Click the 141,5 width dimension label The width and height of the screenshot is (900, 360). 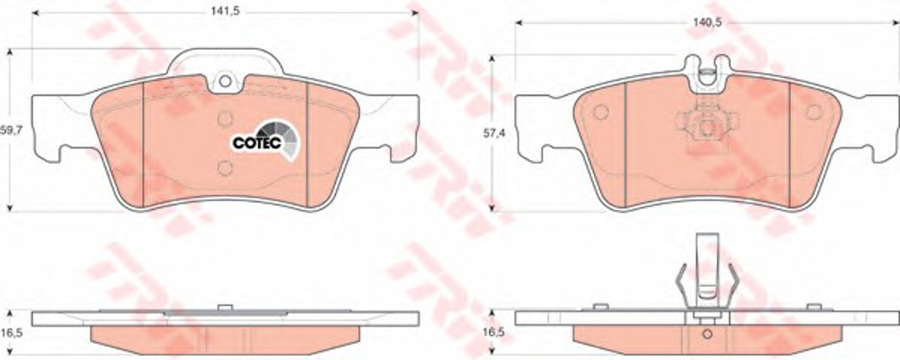(225, 12)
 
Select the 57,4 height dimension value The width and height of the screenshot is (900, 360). (494, 133)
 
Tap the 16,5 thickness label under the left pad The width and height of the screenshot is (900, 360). (11, 333)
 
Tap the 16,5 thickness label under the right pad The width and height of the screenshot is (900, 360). (494, 333)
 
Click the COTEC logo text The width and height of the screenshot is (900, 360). (257, 143)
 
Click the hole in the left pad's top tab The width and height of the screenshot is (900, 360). (225, 81)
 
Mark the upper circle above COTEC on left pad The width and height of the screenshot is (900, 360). (225, 119)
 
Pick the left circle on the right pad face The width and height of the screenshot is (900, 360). (601, 112)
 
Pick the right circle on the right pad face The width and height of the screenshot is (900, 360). (814, 112)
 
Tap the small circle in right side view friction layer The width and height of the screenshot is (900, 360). (707, 334)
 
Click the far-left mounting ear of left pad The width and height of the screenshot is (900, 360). (45, 127)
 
